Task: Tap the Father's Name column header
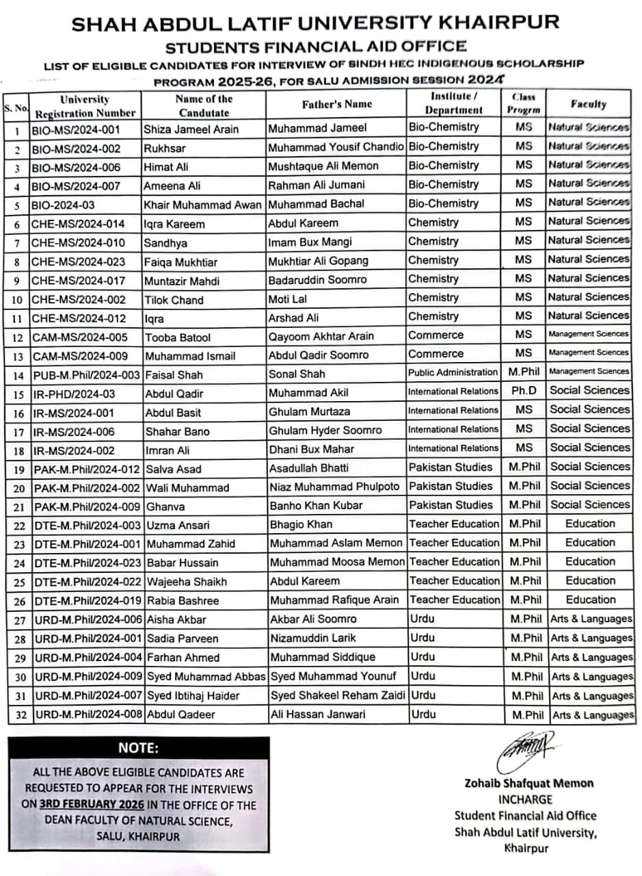(x=336, y=104)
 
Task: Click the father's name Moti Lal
(x=288, y=299)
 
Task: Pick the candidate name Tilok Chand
(x=174, y=300)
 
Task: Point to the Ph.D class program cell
(x=524, y=391)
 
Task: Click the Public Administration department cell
(x=453, y=372)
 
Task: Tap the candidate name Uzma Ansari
(x=177, y=526)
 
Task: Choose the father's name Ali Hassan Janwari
(x=317, y=714)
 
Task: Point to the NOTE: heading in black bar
(x=138, y=747)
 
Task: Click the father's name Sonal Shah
(x=297, y=374)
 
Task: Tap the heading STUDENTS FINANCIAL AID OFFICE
(x=315, y=47)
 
